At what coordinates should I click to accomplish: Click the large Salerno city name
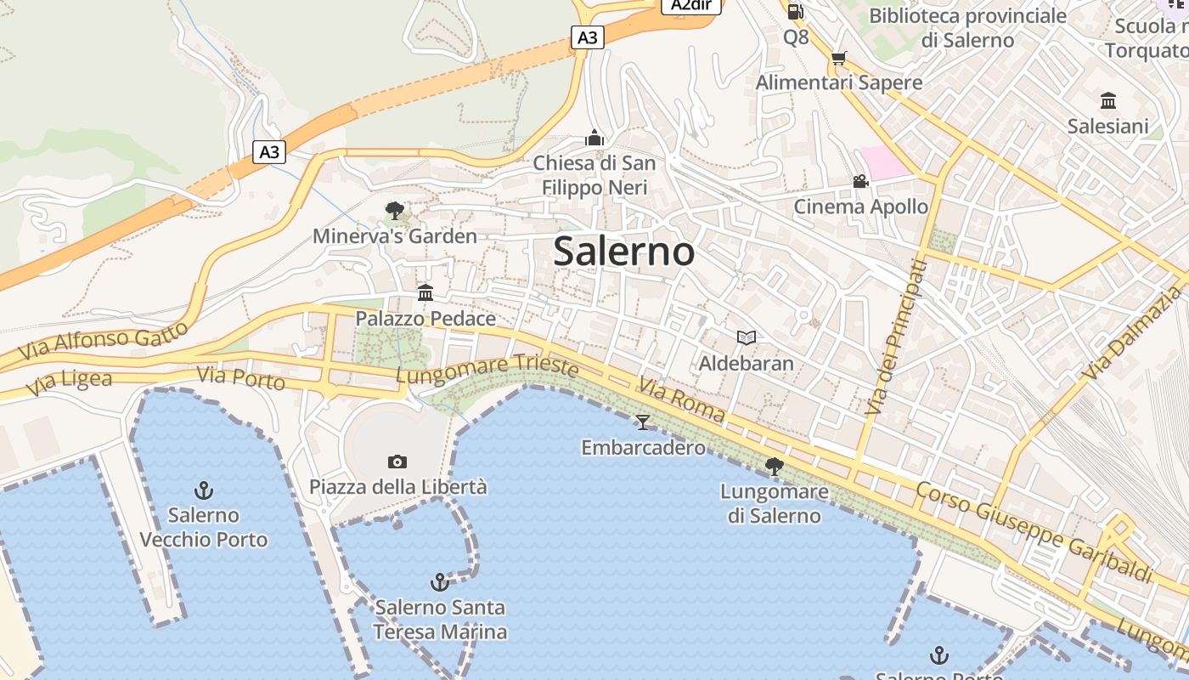coord(624,252)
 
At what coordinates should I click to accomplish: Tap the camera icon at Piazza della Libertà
coord(397,462)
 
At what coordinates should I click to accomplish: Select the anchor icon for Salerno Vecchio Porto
coord(203,490)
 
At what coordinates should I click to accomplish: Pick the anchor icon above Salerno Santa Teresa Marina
coord(439,582)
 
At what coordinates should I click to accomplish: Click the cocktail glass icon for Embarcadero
coord(643,422)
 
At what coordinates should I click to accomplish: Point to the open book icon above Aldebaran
coord(746,337)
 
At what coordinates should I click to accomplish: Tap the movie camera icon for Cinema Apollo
coord(860,181)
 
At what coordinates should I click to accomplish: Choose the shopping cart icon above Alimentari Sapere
coord(838,58)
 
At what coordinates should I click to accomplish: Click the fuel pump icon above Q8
coord(795,11)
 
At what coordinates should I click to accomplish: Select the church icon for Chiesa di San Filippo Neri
coord(594,138)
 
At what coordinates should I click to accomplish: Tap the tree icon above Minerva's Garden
coord(394,210)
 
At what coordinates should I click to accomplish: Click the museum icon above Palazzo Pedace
coord(425,293)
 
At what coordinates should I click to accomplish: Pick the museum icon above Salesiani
coord(1107,101)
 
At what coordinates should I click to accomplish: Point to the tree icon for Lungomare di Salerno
coord(774,466)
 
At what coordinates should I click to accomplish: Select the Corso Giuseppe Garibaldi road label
coord(1034,531)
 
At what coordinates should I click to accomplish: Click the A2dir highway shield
coord(690,5)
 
